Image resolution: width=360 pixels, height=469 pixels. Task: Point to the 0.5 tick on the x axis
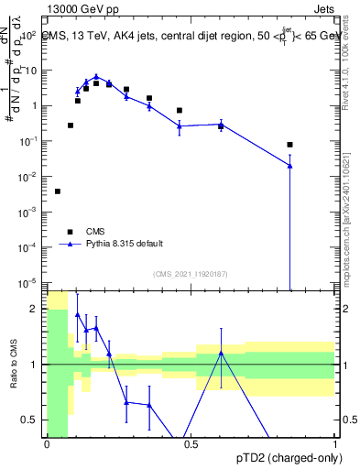click(191, 444)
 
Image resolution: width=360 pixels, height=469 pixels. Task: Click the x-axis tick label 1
click(335, 444)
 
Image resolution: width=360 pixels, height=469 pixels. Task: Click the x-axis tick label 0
click(47, 444)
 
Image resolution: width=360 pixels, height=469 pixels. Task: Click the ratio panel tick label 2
click(37, 309)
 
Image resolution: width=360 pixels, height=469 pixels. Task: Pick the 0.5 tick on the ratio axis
click(33, 420)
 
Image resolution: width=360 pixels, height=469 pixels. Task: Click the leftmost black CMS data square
click(58, 191)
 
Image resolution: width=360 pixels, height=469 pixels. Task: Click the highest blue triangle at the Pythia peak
click(96, 78)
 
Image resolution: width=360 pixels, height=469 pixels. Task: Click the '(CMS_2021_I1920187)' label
click(191, 274)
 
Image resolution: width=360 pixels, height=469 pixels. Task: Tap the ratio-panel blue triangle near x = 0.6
click(221, 353)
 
